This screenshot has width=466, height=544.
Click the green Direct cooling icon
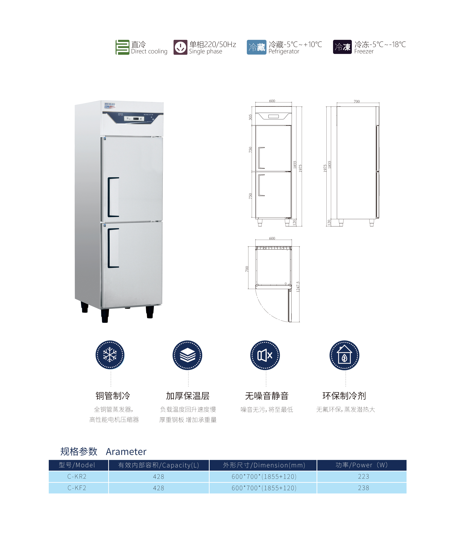pos(122,47)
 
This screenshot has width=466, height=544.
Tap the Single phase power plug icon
pos(180,47)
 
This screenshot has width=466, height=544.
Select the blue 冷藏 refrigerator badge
pos(256,47)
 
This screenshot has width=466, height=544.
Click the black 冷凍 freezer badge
pos(342,47)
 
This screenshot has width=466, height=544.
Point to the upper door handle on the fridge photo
pos(113,197)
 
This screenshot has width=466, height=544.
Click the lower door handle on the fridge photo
pos(113,248)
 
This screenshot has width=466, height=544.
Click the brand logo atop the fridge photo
pos(110,105)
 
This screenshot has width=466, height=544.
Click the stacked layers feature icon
pos(187,355)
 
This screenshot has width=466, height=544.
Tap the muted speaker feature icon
pos(265,355)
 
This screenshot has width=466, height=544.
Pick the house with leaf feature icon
pos(344,355)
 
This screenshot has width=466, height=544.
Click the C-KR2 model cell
pos(77,476)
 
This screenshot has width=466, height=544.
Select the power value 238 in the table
pos(363,488)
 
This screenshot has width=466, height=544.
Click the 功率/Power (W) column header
pos(362,465)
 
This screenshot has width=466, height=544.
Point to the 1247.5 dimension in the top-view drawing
pos(298,287)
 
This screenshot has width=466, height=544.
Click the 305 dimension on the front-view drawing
pos(250,117)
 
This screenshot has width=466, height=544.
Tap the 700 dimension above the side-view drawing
pos(357,101)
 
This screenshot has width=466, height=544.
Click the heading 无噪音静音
pos(267,396)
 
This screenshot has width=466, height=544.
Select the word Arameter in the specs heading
pos(126,452)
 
